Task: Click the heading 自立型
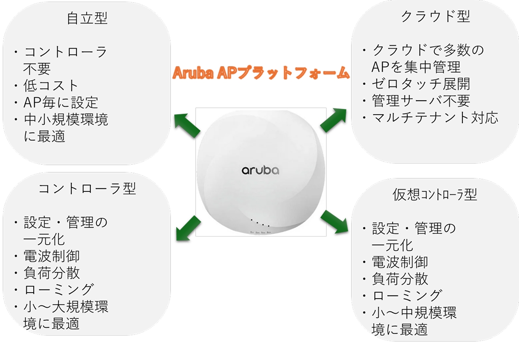87,18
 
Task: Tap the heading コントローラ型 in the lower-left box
87,188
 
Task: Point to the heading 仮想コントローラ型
435,194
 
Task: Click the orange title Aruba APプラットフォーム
261,72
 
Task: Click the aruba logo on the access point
260,170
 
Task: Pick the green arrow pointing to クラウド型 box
333,120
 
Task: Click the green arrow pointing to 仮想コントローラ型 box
335,221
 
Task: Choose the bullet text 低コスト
51,85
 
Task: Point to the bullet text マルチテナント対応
435,118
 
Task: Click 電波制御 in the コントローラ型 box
52,256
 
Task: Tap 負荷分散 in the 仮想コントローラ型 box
400,279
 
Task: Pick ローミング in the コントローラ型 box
58,290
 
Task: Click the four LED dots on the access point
260,224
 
